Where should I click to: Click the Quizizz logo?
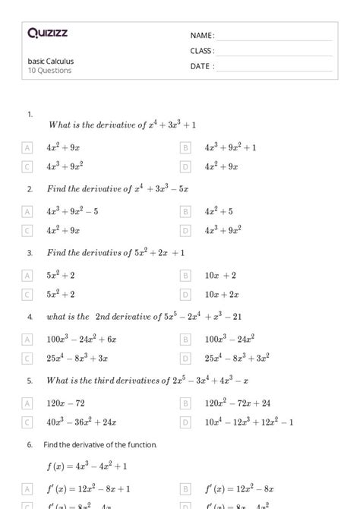pos(48,33)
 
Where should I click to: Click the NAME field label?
pos(202,36)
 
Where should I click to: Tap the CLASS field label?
pos(202,51)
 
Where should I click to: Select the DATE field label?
pos(202,66)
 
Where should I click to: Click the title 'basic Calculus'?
pos(51,62)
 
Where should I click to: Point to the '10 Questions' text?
pos(49,71)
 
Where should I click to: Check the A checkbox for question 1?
pos(28,147)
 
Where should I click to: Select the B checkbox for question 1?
pos(185,147)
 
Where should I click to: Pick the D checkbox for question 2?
pos(185,230)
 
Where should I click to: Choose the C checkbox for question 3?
pos(28,294)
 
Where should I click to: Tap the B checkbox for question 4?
pos(185,339)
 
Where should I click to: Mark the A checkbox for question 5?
pos(28,403)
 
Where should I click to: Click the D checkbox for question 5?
pos(185,422)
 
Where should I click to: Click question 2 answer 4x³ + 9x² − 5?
pos(72,211)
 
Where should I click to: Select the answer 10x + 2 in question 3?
pos(220,275)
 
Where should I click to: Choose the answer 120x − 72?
pos(65,403)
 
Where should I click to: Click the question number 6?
pos(30,444)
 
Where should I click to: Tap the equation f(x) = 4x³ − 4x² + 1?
pos(85,466)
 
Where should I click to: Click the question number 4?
pos(30,317)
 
